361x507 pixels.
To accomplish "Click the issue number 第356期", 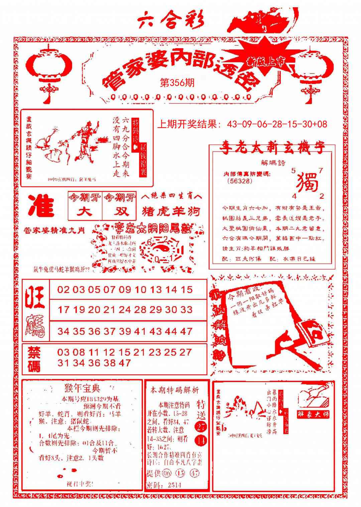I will [x=177, y=83].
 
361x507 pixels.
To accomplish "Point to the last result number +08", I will [x=321, y=124].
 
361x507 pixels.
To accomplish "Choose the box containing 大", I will [x=85, y=212].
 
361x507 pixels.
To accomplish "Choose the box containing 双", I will [x=119, y=212].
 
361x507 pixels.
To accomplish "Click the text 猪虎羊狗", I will [x=171, y=212].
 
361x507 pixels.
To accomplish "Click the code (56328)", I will [x=239, y=181].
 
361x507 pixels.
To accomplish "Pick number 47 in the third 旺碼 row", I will [x=187, y=331].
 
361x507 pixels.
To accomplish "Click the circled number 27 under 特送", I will [x=201, y=427].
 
